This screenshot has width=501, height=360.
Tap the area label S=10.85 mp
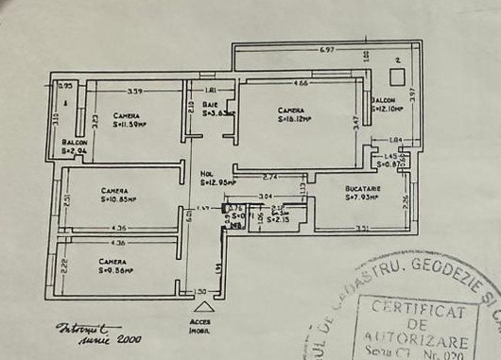(118, 199)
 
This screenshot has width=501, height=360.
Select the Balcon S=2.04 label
(75, 149)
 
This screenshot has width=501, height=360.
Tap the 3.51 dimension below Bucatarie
(362, 229)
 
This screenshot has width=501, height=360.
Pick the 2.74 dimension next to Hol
(269, 177)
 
